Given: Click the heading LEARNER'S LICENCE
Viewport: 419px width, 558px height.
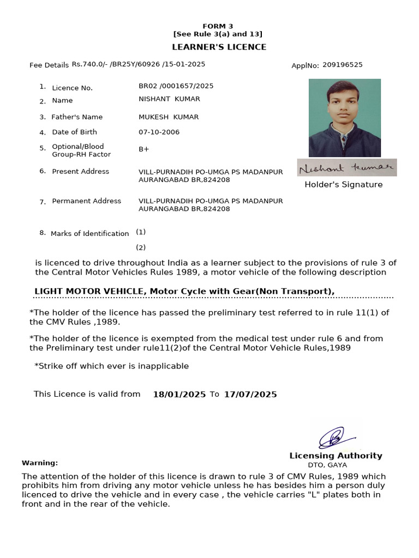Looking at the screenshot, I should coord(219,47).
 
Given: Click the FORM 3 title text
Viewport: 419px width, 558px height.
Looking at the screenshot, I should coord(218,26).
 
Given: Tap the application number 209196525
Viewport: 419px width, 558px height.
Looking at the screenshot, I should coord(342,65).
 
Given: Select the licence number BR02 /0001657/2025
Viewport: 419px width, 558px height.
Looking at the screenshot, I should coord(176,86).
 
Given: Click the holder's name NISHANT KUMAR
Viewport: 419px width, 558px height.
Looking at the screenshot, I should coord(169,99).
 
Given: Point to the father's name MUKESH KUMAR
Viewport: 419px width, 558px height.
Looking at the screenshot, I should coord(169,117).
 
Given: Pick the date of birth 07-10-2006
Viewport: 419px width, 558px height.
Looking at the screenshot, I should coord(159,132).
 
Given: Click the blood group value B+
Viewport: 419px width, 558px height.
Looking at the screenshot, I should coord(144,149).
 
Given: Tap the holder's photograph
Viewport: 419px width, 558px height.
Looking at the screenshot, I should coord(344,118).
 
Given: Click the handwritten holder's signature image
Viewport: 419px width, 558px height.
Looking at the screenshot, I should coord(347,168).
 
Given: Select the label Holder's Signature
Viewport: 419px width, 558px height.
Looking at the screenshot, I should coord(343,185).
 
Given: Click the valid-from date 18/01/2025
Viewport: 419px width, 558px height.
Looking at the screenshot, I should coord(179,395).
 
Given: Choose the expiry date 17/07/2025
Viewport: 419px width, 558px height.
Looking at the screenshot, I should coord(250,395).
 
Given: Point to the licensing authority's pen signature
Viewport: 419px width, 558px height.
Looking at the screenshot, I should coord(333,437).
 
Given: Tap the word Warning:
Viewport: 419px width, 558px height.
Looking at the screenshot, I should coord(40,463).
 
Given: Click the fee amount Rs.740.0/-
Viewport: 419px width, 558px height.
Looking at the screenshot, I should coord(89,64).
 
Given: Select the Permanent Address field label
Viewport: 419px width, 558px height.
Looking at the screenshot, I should coord(86,201).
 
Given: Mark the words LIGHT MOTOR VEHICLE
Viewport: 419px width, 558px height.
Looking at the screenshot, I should coord(89,292).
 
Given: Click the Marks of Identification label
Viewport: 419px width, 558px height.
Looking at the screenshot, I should coord(89,234).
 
